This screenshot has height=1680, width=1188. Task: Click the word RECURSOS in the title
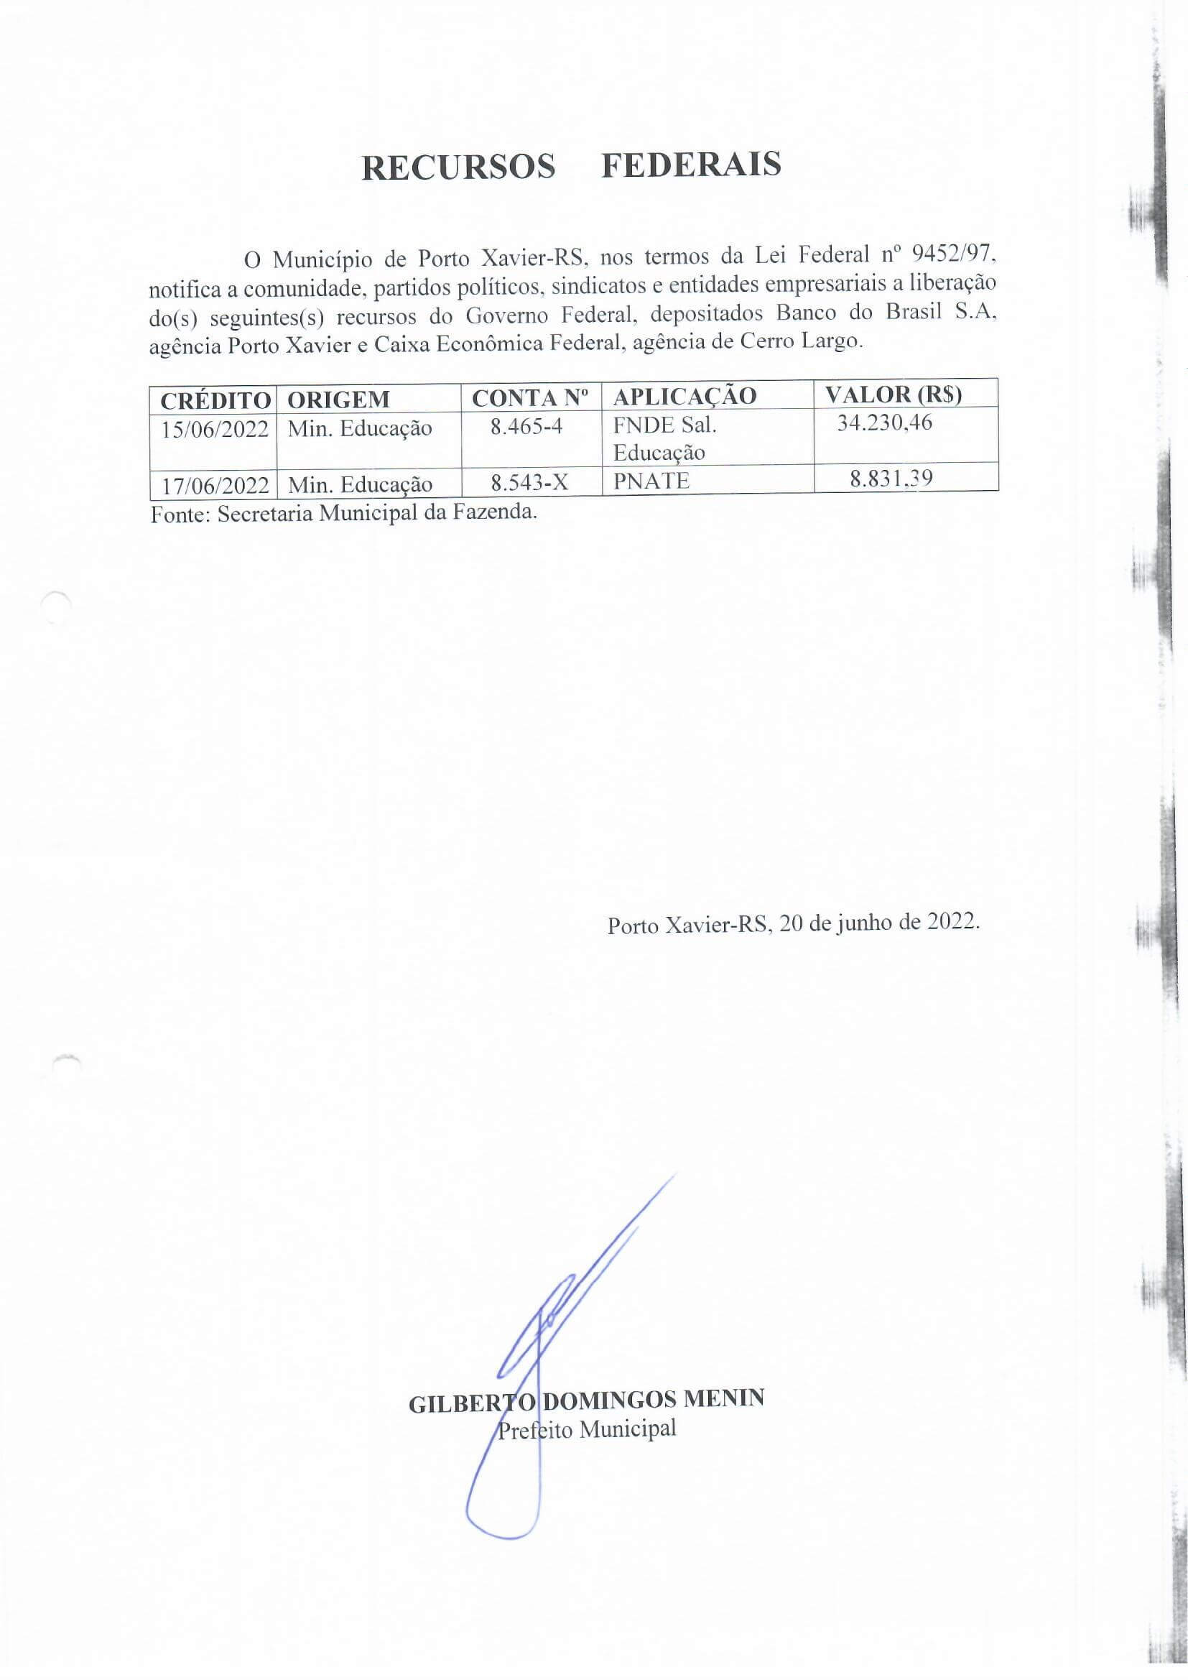click(459, 167)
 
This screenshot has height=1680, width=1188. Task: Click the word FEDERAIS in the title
click(691, 165)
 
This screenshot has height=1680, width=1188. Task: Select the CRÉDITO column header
click(215, 400)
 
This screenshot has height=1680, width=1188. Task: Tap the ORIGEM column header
click(338, 400)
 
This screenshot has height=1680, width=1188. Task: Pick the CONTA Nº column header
click(530, 398)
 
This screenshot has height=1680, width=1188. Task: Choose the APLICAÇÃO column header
click(684, 397)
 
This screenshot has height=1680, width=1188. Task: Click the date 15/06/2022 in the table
click(215, 429)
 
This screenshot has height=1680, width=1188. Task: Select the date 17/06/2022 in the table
click(215, 484)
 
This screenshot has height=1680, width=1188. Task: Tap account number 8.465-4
click(526, 427)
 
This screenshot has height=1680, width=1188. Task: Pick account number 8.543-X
click(529, 482)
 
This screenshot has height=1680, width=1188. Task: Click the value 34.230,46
click(884, 423)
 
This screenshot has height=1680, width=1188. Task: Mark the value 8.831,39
click(890, 479)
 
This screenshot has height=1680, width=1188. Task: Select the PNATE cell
click(651, 481)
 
